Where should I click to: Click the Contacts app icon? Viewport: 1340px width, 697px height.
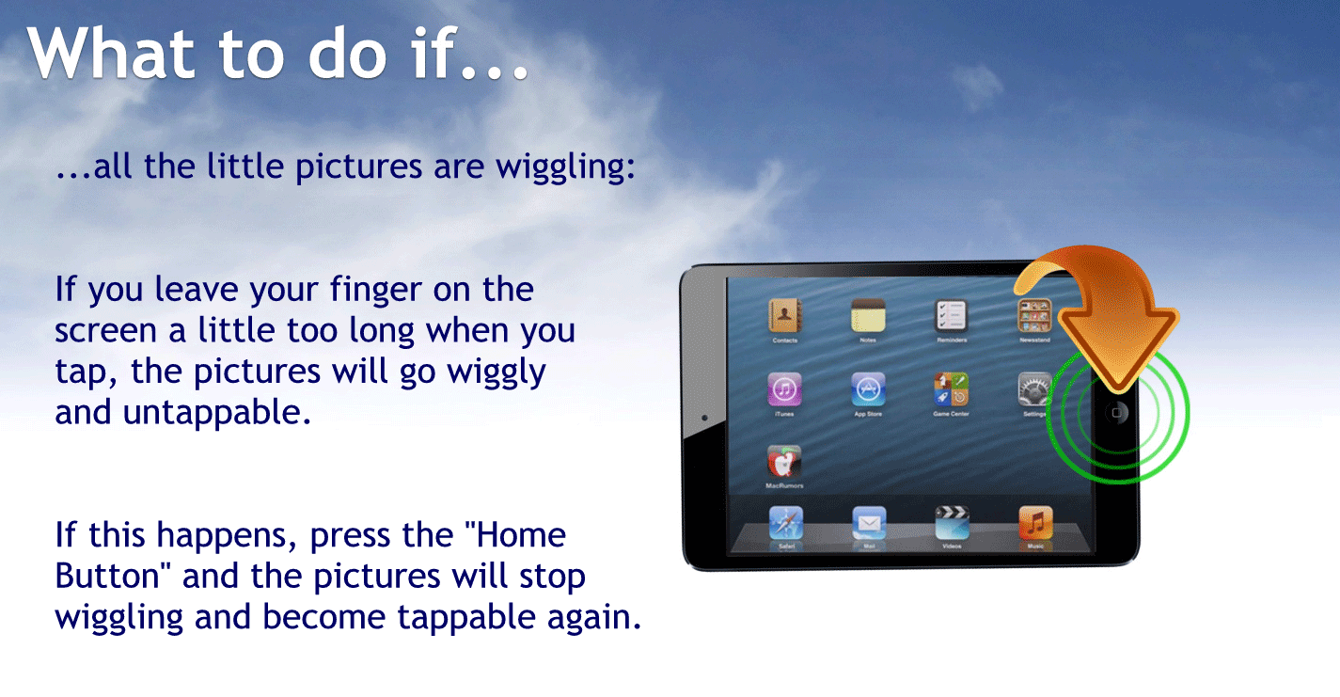[x=784, y=315]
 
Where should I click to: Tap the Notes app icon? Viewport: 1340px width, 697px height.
[x=868, y=315]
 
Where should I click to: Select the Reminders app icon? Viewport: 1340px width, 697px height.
[x=952, y=315]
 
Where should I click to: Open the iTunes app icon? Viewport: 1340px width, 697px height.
[x=784, y=388]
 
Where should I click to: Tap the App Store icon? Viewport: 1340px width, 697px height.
[x=868, y=388]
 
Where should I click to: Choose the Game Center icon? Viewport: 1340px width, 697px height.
[x=952, y=388]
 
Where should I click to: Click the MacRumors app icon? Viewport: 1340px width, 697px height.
[x=784, y=462]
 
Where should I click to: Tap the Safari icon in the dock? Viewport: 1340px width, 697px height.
[x=784, y=522]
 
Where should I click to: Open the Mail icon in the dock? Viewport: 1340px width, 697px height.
[x=869, y=522]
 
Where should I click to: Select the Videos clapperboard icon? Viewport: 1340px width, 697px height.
[x=952, y=522]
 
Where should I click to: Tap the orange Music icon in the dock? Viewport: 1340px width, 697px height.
[x=1035, y=522]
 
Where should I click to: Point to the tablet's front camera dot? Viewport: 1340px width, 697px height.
[x=704, y=417]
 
